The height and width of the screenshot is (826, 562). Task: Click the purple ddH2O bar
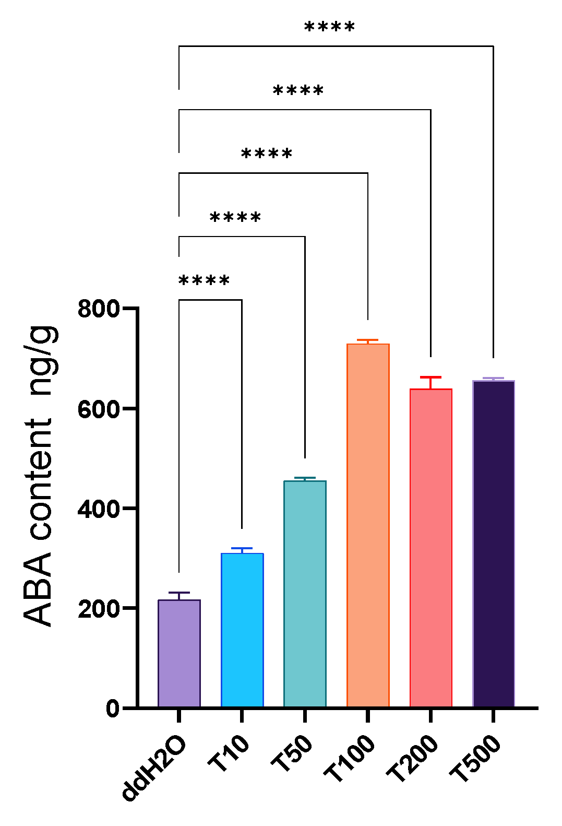pyautogui.click(x=179, y=653)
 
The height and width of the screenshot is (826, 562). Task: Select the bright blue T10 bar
pyautogui.click(x=242, y=630)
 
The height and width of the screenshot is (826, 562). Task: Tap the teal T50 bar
pyautogui.click(x=305, y=594)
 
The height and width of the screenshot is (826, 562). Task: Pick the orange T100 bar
pyautogui.click(x=368, y=525)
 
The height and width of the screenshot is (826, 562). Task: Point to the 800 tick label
pyautogui.click(x=99, y=309)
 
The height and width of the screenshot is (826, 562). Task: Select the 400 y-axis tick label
pyautogui.click(x=99, y=509)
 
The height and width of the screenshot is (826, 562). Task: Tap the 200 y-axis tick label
pyautogui.click(x=99, y=608)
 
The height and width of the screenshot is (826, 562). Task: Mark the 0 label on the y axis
pyautogui.click(x=113, y=709)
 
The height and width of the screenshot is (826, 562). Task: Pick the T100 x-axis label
pyautogui.click(x=349, y=758)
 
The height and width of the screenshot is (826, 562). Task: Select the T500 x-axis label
pyautogui.click(x=475, y=758)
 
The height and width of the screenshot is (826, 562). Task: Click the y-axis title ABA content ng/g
pyautogui.click(x=40, y=475)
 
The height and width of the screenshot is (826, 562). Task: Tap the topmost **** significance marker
pyautogui.click(x=329, y=28)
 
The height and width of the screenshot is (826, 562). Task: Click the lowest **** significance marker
pyautogui.click(x=204, y=281)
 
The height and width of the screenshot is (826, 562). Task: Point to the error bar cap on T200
pyautogui.click(x=431, y=377)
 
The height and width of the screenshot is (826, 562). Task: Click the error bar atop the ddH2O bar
pyautogui.click(x=179, y=593)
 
